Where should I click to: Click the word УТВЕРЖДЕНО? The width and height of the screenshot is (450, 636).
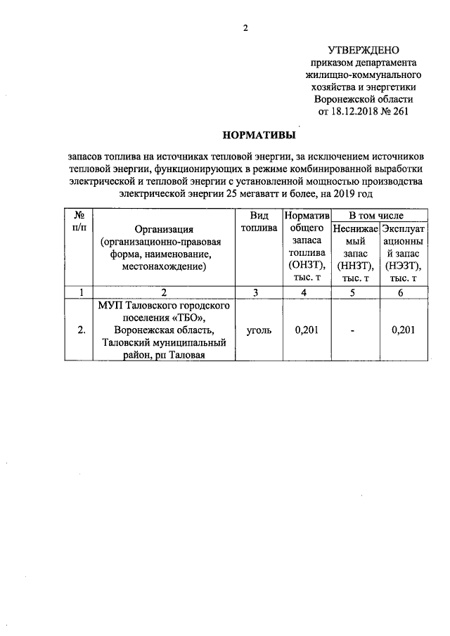[363, 50]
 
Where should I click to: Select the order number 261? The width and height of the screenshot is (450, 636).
[399, 110]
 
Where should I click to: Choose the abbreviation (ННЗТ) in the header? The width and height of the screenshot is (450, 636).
[355, 266]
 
